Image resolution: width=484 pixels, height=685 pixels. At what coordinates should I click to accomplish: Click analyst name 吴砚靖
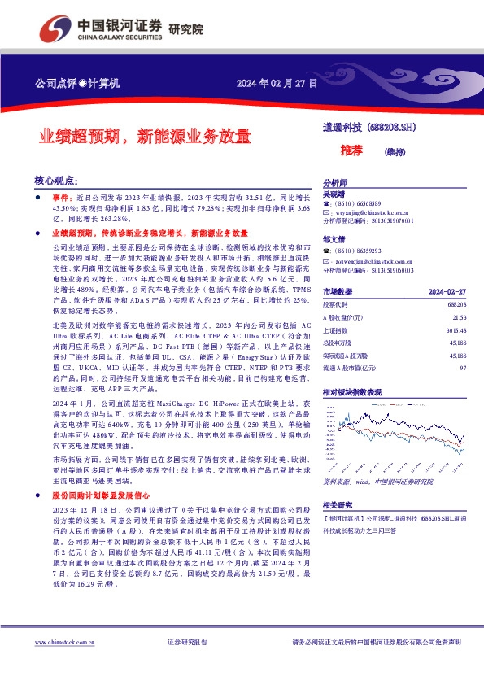pos(334,194)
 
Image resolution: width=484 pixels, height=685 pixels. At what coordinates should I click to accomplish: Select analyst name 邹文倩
pos(334,240)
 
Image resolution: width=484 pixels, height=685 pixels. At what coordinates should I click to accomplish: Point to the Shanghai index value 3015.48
pos(456,329)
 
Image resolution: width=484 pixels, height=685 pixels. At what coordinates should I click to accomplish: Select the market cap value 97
pos(462,369)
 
